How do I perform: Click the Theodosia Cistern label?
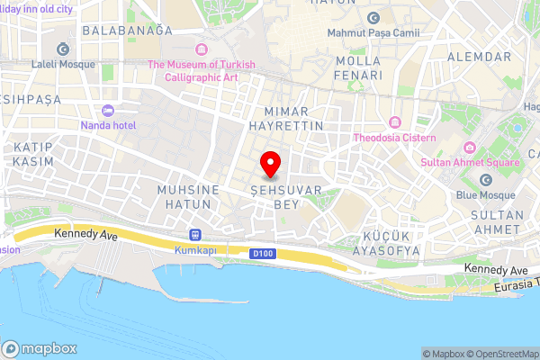pos(394,138)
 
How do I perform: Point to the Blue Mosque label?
pos(485,195)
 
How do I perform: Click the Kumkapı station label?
pos(195,248)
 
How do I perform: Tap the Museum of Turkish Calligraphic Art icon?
pos(201,49)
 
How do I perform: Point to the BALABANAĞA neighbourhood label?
pos(126,30)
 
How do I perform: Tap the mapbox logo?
pos(39,348)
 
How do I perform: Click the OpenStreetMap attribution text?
pos(501,354)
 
